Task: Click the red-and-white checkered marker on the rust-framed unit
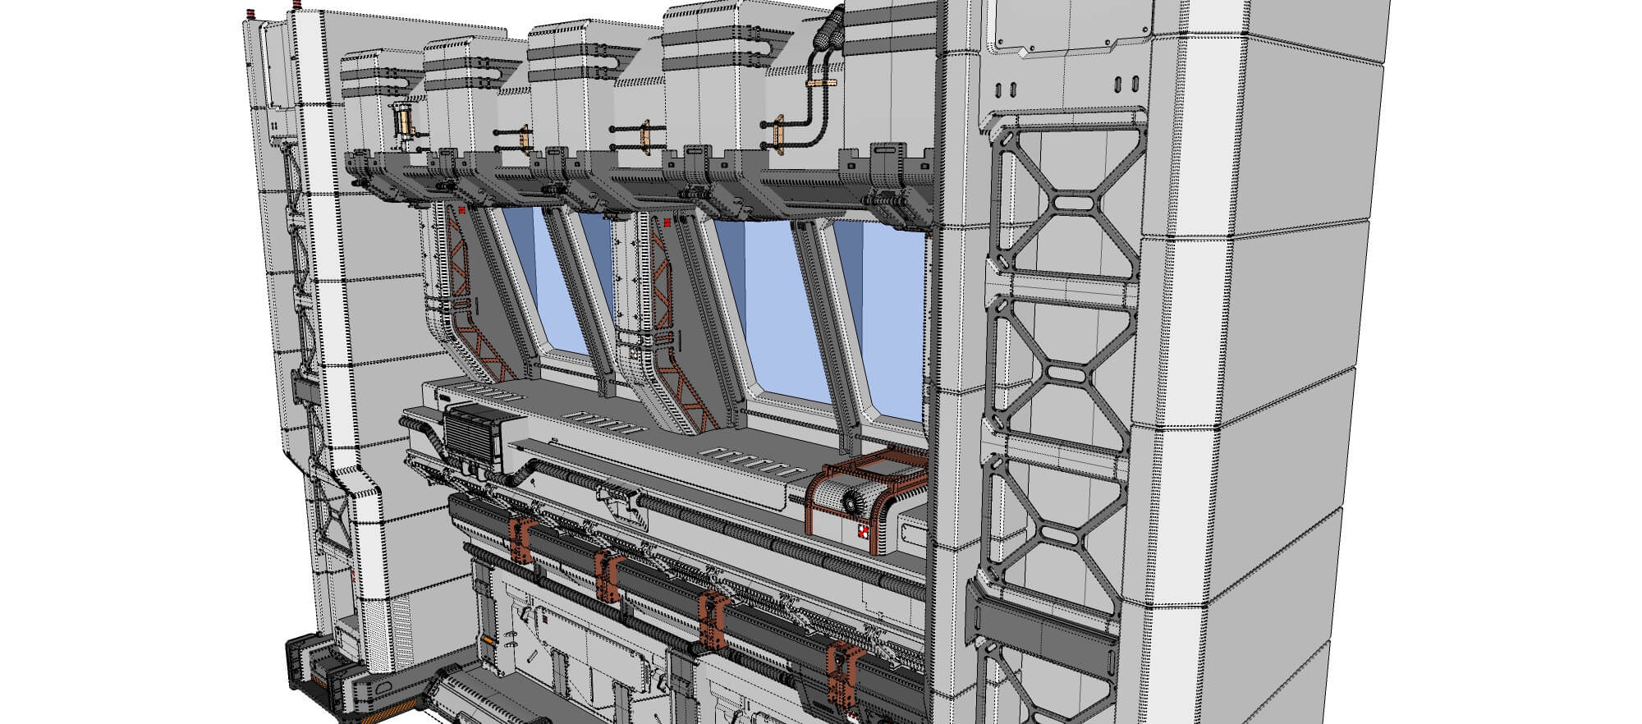click(861, 534)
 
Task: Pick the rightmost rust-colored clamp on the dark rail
click(844, 671)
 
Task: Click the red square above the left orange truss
click(462, 210)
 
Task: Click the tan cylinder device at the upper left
click(403, 121)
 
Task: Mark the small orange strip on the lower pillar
click(489, 639)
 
